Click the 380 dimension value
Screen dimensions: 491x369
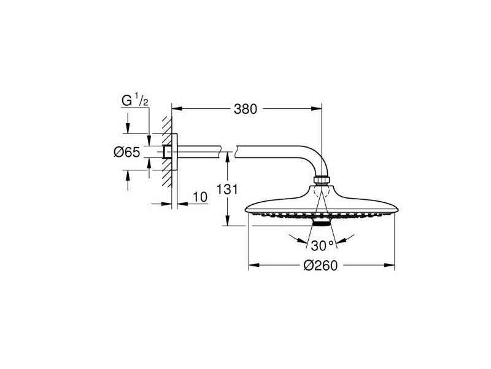245,109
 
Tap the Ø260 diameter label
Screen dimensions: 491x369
320,266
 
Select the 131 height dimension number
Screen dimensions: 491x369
228,189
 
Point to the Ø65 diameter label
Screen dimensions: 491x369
127,152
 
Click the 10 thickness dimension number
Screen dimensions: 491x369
200,197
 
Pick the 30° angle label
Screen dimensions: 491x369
322,245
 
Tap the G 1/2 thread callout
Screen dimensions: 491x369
134,100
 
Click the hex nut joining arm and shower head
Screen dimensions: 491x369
322,180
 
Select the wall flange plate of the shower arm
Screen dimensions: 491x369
175,152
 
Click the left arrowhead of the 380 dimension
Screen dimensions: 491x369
177,109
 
